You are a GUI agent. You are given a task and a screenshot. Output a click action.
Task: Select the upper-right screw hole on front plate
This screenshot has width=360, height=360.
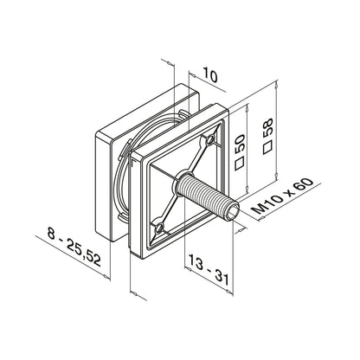coord(210,138)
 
